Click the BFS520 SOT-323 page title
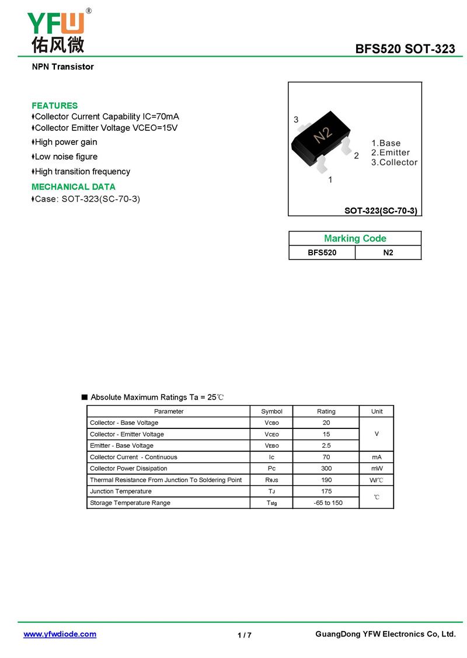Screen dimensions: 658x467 [x=405, y=49]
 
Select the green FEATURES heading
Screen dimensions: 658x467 [x=54, y=106]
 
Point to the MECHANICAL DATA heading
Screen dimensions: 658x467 [x=74, y=187]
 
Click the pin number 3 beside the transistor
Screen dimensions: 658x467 [x=296, y=120]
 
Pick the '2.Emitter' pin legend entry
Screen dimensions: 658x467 [x=391, y=153]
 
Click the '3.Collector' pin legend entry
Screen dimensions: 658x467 [x=394, y=162]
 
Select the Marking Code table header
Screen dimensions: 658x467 [x=355, y=238]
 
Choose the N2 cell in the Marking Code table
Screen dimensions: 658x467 [x=388, y=253]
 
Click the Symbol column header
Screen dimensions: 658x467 [x=271, y=411]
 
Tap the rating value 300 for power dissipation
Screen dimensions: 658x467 [x=326, y=469]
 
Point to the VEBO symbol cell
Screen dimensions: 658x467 [x=271, y=446]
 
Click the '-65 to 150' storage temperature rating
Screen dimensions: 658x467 [x=326, y=503]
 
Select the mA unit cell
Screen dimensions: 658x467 [x=377, y=457]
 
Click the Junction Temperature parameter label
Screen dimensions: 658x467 [x=121, y=491]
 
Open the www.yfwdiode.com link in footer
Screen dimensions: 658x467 [x=60, y=634]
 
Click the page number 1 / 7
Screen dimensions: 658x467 [x=245, y=635]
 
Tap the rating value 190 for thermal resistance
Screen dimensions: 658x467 [x=326, y=480]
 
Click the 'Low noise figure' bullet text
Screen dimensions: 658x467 [x=66, y=157]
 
